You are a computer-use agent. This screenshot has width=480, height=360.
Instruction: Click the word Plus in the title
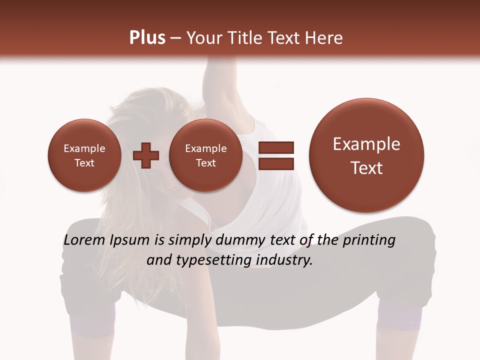click(147, 38)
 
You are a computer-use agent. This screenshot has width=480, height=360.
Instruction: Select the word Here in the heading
click(324, 38)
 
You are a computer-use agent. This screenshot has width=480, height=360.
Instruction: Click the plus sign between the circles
click(146, 155)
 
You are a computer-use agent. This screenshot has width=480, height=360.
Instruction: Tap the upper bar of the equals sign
click(276, 147)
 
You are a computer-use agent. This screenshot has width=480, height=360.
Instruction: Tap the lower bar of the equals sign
click(276, 163)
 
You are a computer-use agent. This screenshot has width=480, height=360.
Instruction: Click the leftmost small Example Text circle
click(84, 155)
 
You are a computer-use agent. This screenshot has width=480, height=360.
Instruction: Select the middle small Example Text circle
click(205, 155)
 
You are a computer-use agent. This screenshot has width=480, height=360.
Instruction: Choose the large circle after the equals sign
click(366, 155)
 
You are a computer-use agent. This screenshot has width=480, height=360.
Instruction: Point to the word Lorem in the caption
click(84, 240)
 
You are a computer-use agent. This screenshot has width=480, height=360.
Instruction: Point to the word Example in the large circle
click(366, 144)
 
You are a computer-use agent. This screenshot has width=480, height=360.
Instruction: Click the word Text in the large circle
click(366, 168)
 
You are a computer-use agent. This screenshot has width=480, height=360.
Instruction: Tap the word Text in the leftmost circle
click(84, 163)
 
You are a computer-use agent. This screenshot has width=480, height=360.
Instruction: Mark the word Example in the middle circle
click(205, 148)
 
